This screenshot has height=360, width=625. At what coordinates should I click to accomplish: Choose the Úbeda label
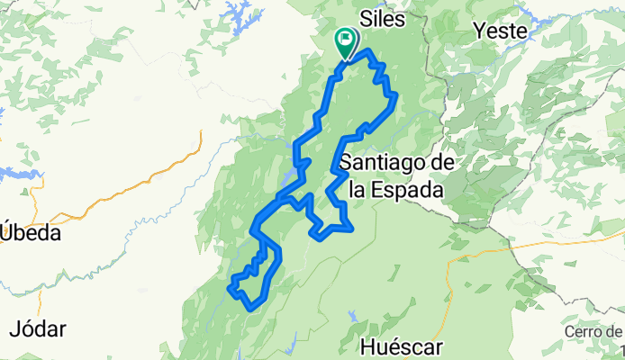[31, 233]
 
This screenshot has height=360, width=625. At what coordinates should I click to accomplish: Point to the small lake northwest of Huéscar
[352, 316]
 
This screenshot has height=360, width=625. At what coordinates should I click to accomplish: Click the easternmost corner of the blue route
[394, 96]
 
